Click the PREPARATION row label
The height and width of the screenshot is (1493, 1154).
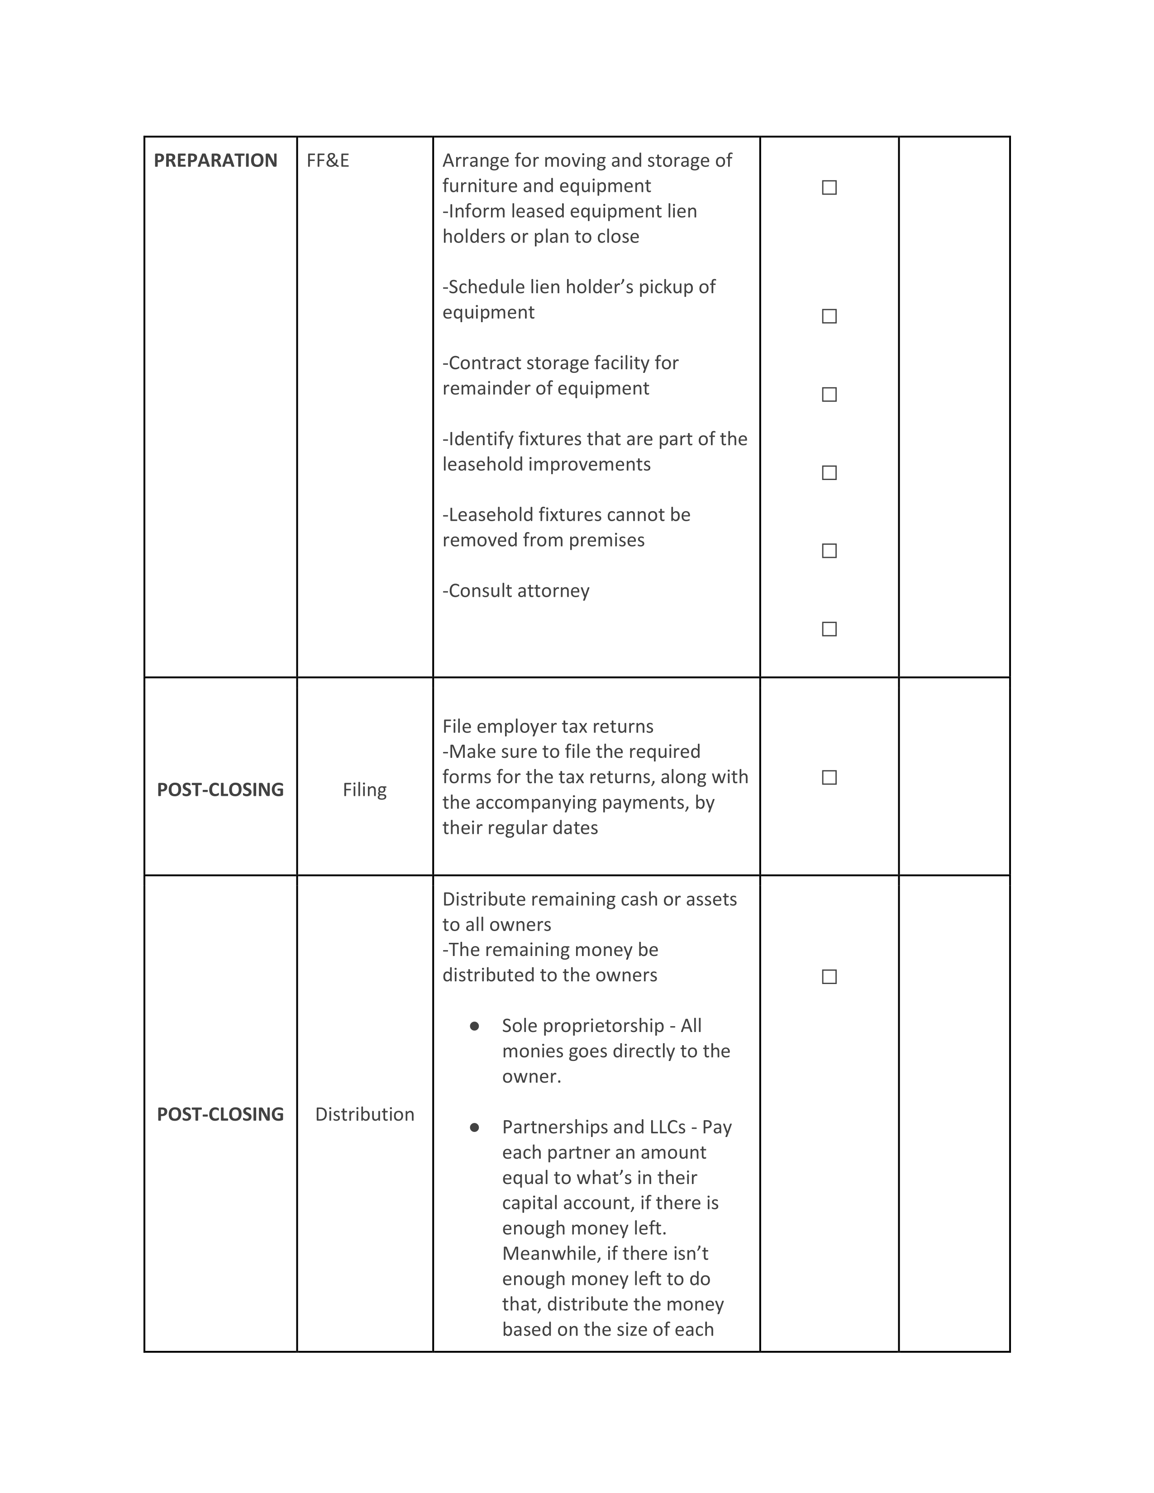215,161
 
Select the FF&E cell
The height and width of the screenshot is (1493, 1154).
328,161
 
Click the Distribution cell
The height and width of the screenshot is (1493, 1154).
364,1114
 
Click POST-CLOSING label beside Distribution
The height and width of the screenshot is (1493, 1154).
220,1114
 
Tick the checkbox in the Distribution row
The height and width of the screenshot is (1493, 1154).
829,977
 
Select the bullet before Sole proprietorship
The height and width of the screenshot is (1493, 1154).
474,1026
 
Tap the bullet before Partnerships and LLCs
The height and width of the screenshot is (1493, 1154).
474,1127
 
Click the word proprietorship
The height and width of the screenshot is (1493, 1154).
582,1026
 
